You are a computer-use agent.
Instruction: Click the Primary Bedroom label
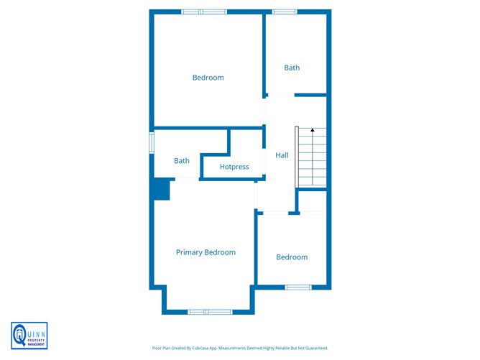click(x=206, y=252)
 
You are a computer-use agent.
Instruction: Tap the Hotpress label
click(x=234, y=167)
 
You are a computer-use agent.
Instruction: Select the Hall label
click(x=282, y=154)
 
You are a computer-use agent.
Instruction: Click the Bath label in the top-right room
click(x=292, y=68)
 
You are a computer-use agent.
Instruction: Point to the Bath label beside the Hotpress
click(x=182, y=161)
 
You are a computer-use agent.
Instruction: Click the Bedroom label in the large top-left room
click(x=208, y=78)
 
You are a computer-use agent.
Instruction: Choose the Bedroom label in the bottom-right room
click(x=292, y=257)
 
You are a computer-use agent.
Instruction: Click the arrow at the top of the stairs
click(x=313, y=131)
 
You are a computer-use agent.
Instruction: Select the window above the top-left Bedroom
click(x=203, y=11)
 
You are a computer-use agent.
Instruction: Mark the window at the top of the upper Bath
click(x=285, y=11)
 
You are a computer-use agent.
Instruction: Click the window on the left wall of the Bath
click(x=152, y=142)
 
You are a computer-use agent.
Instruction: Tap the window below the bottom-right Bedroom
click(x=297, y=287)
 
